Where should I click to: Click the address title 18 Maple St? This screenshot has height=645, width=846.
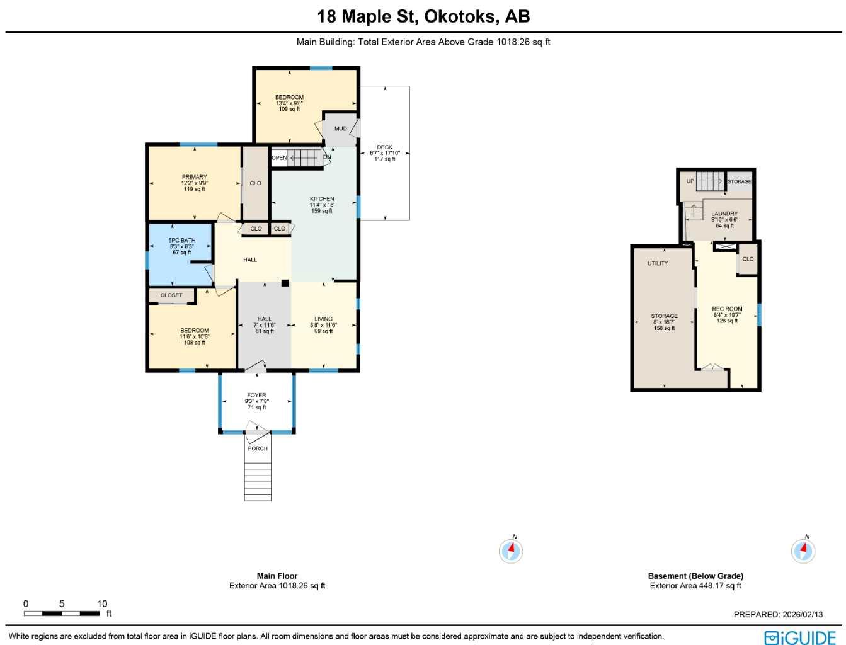(423, 16)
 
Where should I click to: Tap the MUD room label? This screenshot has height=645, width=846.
(340, 128)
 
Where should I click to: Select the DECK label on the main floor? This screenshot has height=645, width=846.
(384, 147)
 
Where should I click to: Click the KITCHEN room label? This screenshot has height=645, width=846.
(322, 199)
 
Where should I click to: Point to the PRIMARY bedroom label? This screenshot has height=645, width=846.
(194, 177)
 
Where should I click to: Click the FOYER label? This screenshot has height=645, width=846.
(256, 396)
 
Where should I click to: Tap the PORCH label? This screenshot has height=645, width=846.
(258, 448)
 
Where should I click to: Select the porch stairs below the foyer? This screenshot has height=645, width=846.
(258, 481)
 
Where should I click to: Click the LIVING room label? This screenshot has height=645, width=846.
(323, 319)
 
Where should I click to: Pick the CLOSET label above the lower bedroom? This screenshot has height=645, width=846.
(171, 295)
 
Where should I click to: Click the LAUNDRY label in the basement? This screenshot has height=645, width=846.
(724, 214)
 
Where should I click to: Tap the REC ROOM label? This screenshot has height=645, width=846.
(727, 309)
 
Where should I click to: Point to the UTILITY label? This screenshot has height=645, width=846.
(658, 263)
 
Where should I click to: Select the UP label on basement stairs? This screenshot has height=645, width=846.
(690, 181)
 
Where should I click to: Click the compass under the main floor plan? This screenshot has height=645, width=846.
(511, 551)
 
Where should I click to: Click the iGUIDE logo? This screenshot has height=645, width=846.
(799, 637)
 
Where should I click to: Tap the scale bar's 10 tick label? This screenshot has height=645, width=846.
(102, 603)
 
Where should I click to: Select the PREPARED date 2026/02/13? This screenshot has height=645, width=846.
(778, 614)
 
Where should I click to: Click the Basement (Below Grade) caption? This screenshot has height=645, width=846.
(695, 576)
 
